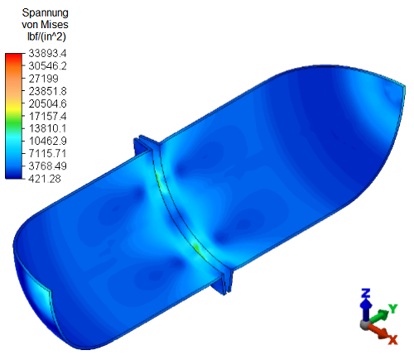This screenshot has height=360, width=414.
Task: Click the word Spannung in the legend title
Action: [45, 13]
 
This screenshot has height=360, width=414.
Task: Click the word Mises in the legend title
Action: [55, 25]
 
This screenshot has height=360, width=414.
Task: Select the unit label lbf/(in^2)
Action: [46, 36]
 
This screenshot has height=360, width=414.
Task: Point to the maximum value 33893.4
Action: [47, 53]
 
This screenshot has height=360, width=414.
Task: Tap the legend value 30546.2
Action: [47, 66]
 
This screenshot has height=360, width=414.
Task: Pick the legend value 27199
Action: [44, 79]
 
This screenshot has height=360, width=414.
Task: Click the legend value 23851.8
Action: [47, 91]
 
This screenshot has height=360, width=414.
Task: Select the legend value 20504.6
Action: [47, 103]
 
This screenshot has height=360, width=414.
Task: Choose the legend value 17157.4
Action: [47, 116]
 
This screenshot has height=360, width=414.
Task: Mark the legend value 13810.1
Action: [47, 128]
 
